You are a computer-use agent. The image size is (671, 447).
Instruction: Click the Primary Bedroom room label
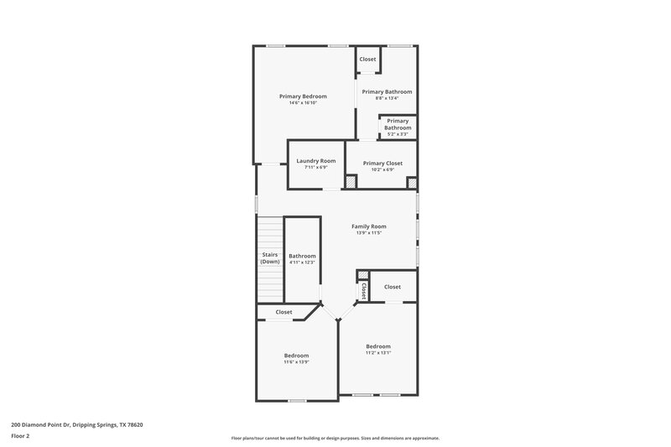tap(303, 96)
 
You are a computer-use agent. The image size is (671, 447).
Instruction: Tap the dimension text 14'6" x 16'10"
tap(303, 103)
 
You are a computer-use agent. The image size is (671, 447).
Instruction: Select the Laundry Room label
tap(315, 160)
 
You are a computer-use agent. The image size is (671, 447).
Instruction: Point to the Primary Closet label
tap(382, 163)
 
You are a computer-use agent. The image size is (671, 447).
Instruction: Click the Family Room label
tap(368, 226)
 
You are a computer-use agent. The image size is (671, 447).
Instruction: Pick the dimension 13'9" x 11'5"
tap(368, 233)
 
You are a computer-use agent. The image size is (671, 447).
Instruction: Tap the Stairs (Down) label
tap(269, 257)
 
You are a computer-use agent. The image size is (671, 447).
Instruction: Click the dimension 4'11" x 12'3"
tap(302, 262)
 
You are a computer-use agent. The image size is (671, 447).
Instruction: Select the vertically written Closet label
tap(363, 290)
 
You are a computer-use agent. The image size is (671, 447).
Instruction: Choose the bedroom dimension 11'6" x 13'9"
tap(296, 361)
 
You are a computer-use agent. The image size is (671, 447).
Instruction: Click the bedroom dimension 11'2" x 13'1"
tap(377, 353)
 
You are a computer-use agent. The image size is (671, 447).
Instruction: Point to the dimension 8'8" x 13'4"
tap(387, 98)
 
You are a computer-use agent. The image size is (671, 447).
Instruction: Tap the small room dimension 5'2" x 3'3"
tap(398, 134)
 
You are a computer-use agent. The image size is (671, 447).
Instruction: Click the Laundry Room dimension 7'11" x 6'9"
tap(315, 167)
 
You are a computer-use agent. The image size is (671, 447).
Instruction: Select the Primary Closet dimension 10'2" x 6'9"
tap(382, 169)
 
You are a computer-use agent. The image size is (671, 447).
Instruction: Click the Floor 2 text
tap(20, 436)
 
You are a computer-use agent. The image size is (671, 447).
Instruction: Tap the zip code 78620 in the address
tap(133, 424)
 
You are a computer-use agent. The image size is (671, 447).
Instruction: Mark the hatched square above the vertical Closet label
tap(362, 274)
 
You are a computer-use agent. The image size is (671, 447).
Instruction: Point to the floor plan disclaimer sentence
tap(335, 438)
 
